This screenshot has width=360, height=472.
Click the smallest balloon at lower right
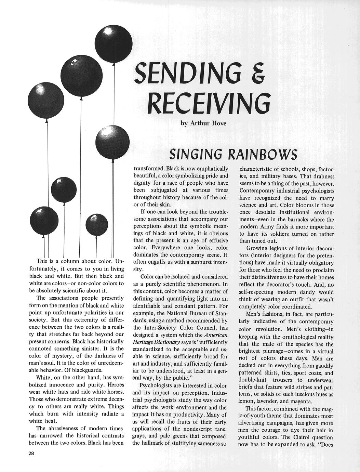97,224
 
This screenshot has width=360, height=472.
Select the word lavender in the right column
269,402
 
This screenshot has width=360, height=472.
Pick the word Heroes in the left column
113,385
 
